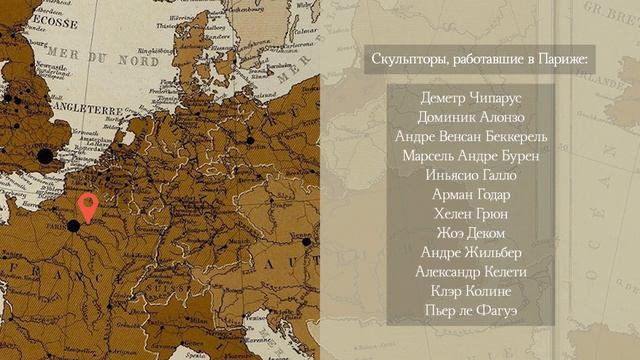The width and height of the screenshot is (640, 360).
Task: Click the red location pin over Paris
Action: coord(88,206)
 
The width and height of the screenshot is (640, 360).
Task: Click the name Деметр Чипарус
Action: coord(471,98)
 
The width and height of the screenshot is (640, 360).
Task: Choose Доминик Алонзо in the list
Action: coord(471,118)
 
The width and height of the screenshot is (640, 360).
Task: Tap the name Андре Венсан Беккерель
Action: coord(471,137)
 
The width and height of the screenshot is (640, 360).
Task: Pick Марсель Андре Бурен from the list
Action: coord(471,156)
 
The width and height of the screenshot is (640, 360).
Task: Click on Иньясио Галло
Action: coord(471,175)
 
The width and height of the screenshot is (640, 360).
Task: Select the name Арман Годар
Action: coord(471,195)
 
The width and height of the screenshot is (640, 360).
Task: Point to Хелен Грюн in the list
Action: coord(471,214)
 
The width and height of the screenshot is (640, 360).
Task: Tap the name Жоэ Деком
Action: coord(471,233)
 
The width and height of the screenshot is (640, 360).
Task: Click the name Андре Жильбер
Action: coord(471,252)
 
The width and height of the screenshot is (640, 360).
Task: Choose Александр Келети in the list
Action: coord(471,272)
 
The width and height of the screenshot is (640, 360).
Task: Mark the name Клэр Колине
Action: coord(471,291)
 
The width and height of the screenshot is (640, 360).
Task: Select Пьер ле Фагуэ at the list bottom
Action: coord(471,310)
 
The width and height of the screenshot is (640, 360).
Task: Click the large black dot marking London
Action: coord(44,155)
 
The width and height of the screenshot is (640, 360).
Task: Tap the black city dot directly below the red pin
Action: coord(73,226)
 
